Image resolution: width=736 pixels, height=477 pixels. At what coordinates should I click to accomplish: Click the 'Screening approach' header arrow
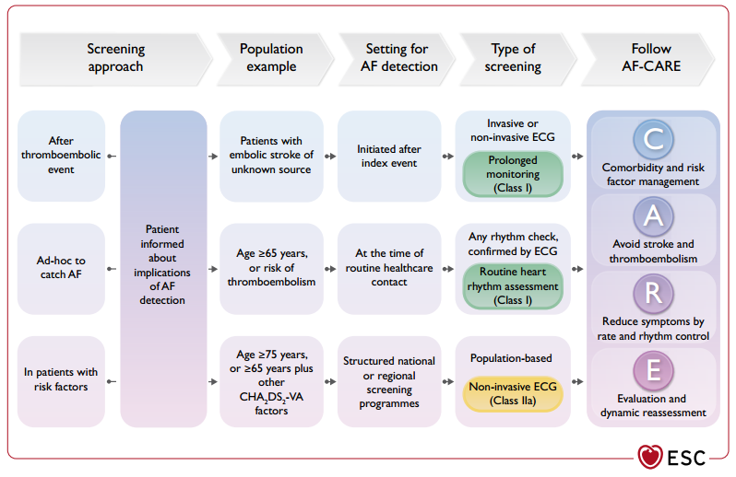click(115, 59)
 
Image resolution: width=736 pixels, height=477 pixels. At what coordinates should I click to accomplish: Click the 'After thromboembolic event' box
click(61, 156)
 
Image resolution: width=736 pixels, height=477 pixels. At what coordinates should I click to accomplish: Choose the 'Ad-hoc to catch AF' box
click(61, 269)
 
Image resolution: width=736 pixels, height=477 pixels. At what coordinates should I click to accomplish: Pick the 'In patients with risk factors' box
click(61, 381)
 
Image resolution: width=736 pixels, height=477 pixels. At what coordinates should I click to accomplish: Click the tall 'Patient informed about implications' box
click(163, 269)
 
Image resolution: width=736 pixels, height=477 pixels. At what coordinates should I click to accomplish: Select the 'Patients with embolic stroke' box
click(271, 156)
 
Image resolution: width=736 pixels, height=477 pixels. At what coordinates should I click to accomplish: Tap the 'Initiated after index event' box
click(389, 156)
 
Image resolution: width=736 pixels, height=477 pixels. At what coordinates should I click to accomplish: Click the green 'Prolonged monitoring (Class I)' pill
click(513, 174)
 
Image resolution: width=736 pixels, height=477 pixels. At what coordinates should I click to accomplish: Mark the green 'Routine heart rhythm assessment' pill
click(513, 286)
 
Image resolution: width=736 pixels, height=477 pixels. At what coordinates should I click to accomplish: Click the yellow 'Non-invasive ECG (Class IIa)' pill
click(513, 393)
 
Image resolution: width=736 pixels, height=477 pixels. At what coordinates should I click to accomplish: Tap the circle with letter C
click(653, 140)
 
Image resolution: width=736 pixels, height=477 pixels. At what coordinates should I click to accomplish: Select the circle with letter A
click(653, 216)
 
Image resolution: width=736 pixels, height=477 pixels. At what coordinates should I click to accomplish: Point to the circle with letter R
click(653, 294)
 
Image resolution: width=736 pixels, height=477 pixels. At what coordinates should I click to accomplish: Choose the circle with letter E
click(653, 370)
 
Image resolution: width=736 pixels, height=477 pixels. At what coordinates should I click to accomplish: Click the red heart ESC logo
click(650, 457)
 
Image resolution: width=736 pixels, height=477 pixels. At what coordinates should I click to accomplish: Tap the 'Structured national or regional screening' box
click(389, 381)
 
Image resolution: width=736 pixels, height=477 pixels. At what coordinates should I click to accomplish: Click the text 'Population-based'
click(511, 358)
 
